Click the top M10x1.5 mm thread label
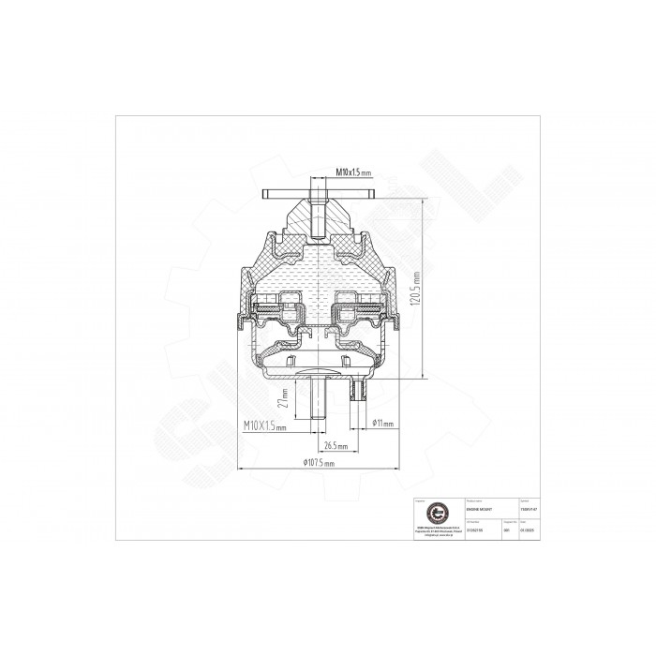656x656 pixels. tap(354, 173)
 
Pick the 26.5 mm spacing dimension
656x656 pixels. tap(335, 445)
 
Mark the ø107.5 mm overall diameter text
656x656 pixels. tap(314, 463)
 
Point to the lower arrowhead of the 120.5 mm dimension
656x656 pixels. tap(427, 377)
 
